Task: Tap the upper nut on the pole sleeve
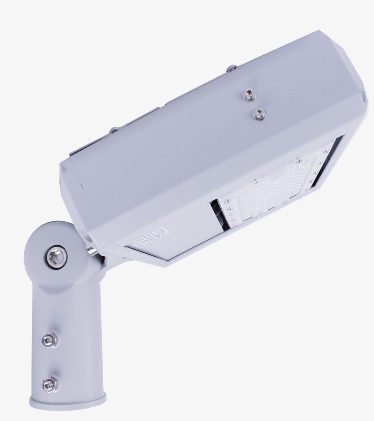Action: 48,339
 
